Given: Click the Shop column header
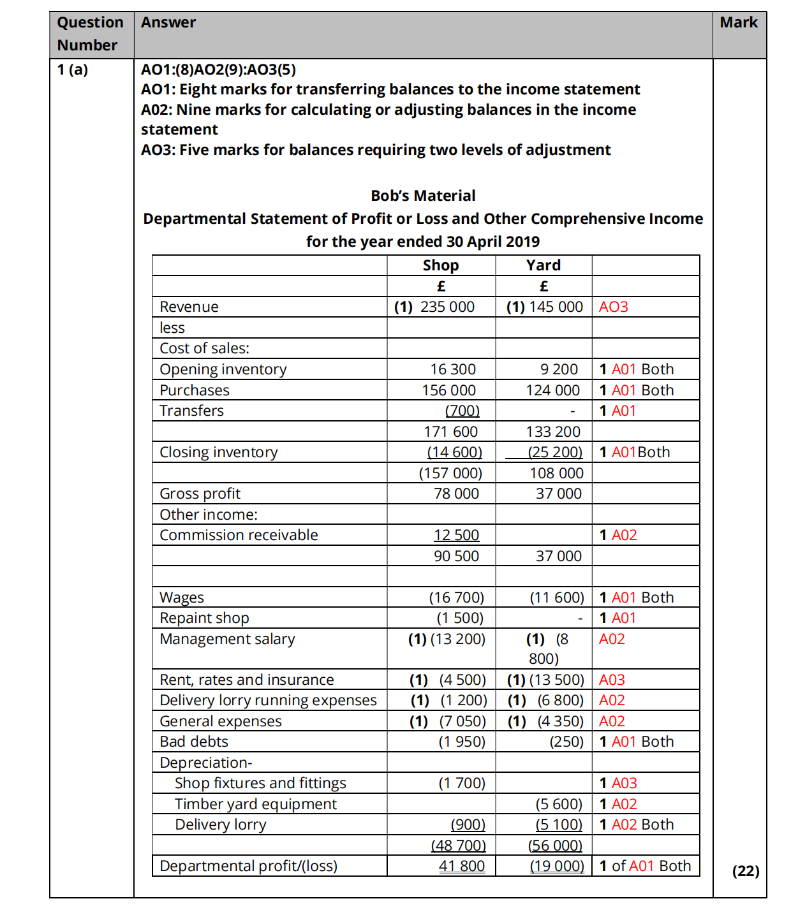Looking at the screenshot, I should tap(441, 265).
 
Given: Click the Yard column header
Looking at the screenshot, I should tap(543, 265).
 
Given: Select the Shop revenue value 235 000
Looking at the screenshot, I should tap(447, 307).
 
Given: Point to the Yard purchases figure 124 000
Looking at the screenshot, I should tap(552, 390).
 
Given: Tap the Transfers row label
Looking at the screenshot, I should tap(191, 411).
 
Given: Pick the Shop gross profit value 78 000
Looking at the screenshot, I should tap(456, 494).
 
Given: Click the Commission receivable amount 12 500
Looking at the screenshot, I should tap(456, 535).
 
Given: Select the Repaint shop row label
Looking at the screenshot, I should tap(204, 618).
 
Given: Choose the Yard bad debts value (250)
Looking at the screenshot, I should tap(566, 742).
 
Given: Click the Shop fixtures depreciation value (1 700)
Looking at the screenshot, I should tap(462, 783).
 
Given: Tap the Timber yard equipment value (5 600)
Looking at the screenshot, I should tap(559, 804).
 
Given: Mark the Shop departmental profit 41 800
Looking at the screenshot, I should tap(462, 866).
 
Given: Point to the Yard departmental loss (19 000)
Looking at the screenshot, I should tap(557, 866).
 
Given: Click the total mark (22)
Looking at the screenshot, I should tap(746, 871).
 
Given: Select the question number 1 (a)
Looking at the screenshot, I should tap(73, 70).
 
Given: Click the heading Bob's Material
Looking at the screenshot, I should tap(423, 196).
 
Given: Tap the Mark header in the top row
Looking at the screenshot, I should tap(739, 22).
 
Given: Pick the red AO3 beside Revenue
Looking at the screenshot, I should tap(613, 307).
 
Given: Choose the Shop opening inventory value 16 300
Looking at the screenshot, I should tap(453, 369).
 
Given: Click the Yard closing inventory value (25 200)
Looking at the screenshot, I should tap(555, 452).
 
